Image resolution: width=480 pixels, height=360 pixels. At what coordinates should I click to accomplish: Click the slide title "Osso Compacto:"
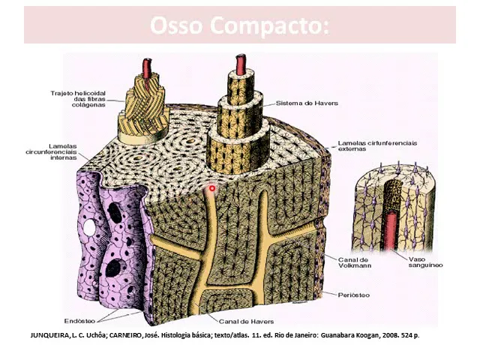(x=239, y=25)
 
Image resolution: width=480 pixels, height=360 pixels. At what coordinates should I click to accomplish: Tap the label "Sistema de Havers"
(x=303, y=103)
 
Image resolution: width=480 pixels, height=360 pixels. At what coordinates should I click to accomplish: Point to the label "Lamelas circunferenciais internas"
(x=54, y=151)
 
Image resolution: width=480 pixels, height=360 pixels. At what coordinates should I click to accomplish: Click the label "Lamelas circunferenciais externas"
(x=377, y=145)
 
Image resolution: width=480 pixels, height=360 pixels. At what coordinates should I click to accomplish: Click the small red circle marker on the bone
(x=212, y=188)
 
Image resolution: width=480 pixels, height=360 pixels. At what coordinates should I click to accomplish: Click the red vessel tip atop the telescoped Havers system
(x=240, y=64)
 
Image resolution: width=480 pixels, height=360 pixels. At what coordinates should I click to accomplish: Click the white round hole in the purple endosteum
(x=89, y=225)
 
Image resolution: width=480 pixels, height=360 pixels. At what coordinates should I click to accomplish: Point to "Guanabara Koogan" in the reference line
(x=343, y=334)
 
